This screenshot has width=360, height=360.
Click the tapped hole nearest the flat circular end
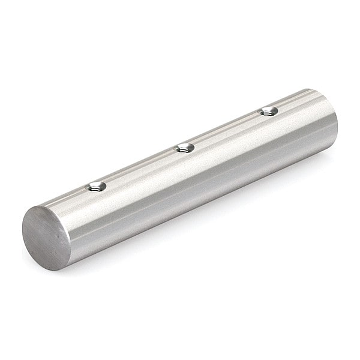click(x=96, y=187)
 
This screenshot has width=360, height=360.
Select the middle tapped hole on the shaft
click(x=184, y=148)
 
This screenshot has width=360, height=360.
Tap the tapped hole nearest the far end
click(x=268, y=110)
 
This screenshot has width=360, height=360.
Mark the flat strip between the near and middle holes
click(x=140, y=167)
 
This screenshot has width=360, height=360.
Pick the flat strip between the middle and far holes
click(x=226, y=129)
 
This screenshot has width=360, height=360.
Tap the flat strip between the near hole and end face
click(x=69, y=199)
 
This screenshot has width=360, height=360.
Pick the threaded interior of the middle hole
click(x=185, y=149)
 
